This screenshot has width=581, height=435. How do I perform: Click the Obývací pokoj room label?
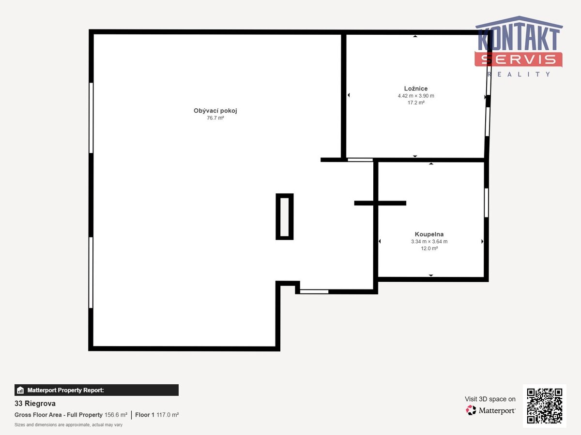click(x=215, y=111)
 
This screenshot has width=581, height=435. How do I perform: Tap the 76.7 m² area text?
click(x=215, y=118)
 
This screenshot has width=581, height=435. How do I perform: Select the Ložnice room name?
click(x=416, y=88)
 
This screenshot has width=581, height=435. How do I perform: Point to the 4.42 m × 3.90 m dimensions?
click(x=416, y=96)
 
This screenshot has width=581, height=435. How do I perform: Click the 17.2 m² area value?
click(x=416, y=102)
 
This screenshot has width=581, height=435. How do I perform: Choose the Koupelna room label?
click(x=429, y=234)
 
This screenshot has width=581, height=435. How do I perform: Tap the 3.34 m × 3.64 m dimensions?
click(x=429, y=241)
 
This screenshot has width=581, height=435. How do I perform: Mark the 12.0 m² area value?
click(x=429, y=248)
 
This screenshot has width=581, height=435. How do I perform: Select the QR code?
click(x=545, y=406)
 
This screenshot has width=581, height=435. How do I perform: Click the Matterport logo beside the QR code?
click(x=490, y=410)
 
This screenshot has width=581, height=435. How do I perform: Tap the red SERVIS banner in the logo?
click(x=518, y=59)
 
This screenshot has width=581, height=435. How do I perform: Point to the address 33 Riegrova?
click(x=35, y=403)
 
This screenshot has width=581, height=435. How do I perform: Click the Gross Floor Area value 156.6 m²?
click(x=116, y=415)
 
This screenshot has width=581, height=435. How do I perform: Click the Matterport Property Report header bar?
click(x=96, y=390)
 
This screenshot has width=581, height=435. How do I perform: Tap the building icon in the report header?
click(x=20, y=390)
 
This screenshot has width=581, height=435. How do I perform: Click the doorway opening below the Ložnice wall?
click(x=360, y=160)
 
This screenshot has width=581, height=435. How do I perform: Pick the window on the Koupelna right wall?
click(x=486, y=203)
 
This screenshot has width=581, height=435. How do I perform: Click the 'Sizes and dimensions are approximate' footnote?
click(x=68, y=425)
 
